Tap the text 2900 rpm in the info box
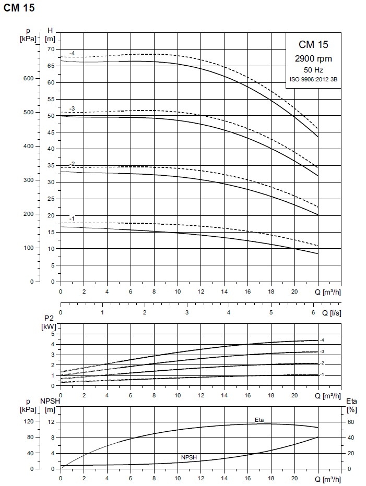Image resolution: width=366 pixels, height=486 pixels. (x=313, y=59)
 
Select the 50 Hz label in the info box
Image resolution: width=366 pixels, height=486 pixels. (x=313, y=69)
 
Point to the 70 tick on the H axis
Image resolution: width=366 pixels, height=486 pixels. (x=51, y=49)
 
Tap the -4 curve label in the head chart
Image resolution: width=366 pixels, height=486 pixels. (x=72, y=53)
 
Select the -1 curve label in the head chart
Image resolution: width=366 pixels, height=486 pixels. (x=72, y=218)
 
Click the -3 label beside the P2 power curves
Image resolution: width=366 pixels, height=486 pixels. (x=322, y=352)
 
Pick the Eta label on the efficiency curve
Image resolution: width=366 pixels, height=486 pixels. (x=259, y=420)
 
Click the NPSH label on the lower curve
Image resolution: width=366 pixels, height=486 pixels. (x=189, y=457)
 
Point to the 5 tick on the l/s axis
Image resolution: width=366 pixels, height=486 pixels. (x=271, y=312)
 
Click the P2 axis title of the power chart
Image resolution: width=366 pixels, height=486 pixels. (x=49, y=318)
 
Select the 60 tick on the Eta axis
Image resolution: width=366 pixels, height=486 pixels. (x=352, y=421)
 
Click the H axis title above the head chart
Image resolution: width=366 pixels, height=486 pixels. (x=50, y=30)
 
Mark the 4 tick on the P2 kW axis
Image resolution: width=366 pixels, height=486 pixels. (x=53, y=344)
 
